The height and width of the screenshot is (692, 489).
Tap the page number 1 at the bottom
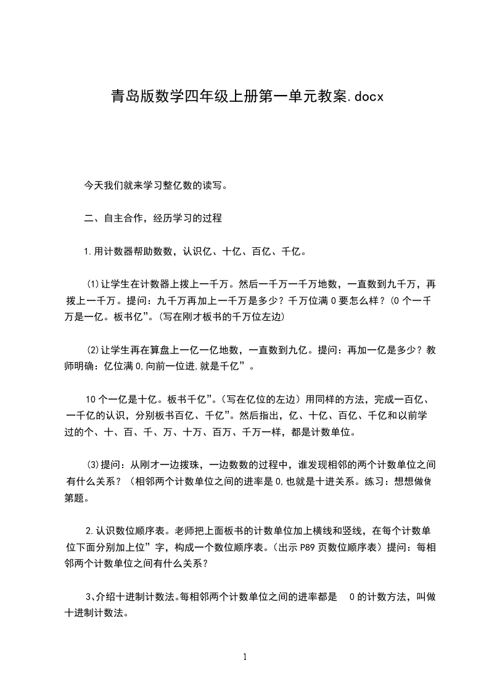pos(245,657)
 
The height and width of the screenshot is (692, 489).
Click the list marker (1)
pos(93,285)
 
